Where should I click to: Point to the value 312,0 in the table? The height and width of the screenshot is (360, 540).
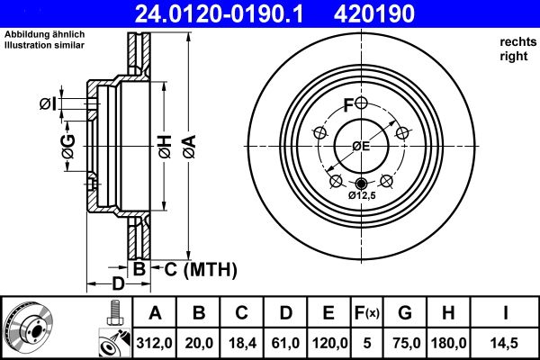[155, 343]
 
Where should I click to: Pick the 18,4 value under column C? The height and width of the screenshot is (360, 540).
[241, 343]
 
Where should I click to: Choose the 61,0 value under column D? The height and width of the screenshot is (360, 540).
[285, 343]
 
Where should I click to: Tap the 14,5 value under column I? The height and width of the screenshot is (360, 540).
[510, 343]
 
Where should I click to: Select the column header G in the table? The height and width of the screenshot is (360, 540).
[404, 313]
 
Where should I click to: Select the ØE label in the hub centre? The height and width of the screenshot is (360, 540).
[361, 146]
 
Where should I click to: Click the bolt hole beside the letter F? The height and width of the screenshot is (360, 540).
[361, 103]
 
